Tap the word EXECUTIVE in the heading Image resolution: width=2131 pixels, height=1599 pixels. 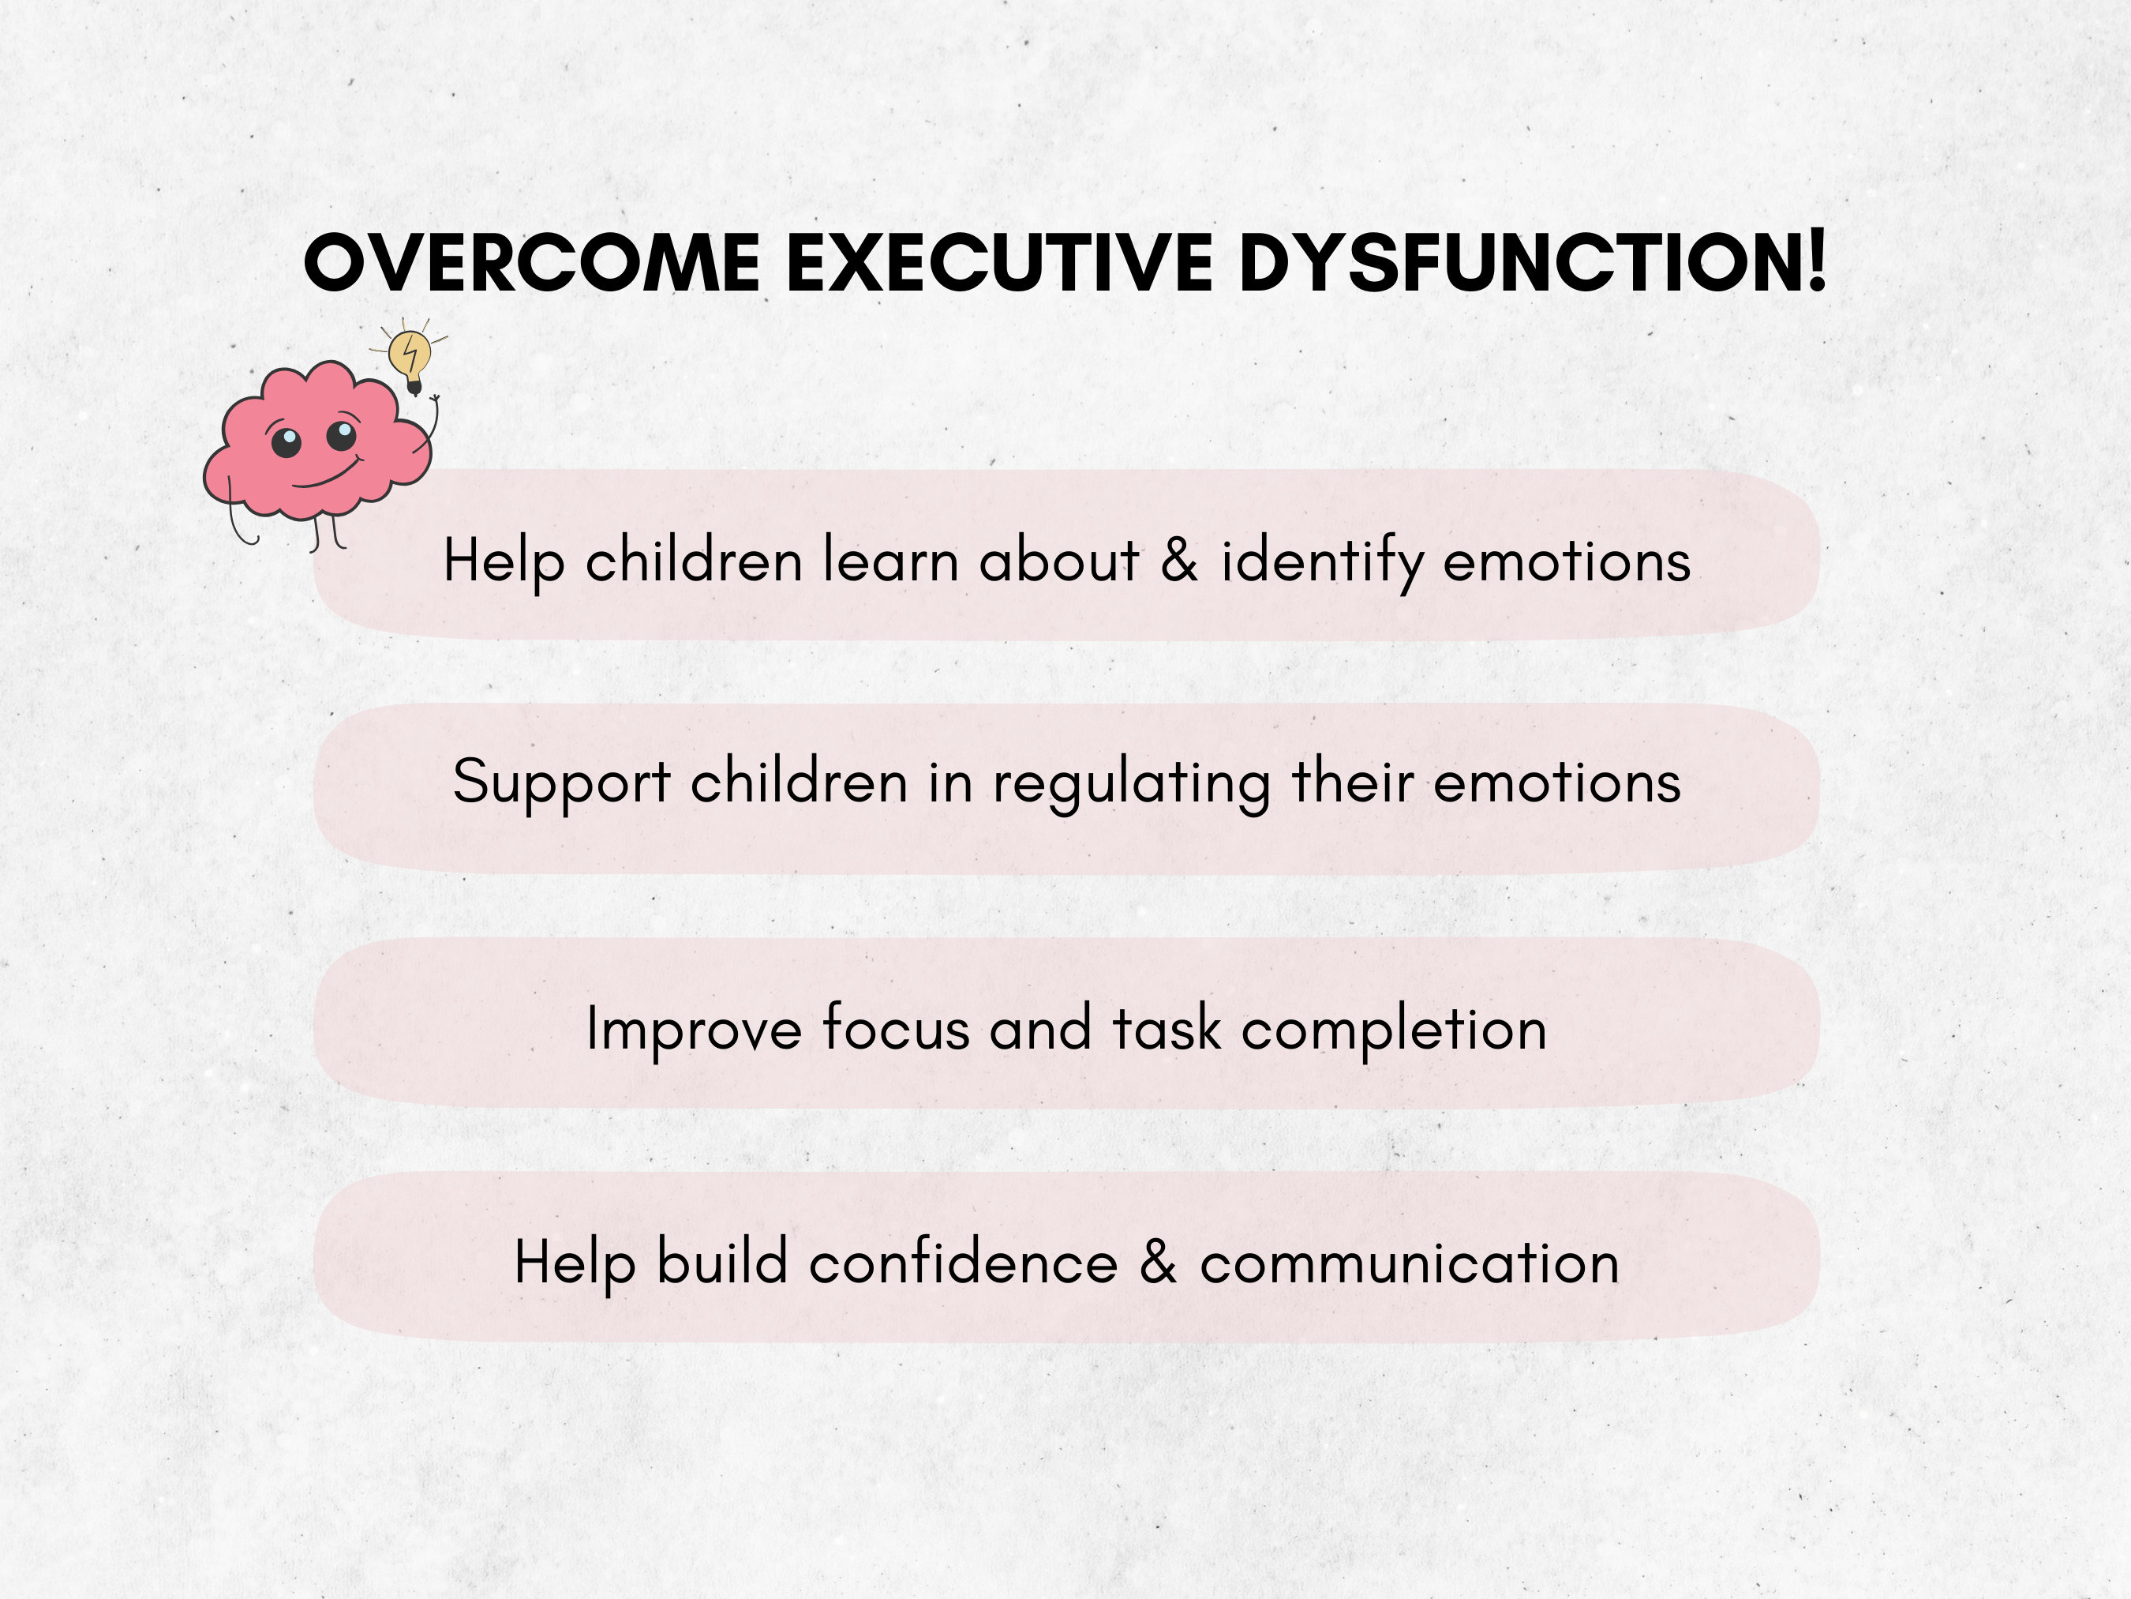tap(999, 262)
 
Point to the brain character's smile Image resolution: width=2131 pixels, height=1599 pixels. tap(326, 475)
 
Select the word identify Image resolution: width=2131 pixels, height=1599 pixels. tap(1322, 562)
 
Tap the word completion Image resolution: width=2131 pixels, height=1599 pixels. tap(1394, 1030)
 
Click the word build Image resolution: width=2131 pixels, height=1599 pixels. tap(721, 1262)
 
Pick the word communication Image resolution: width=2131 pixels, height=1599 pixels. tap(1410, 1263)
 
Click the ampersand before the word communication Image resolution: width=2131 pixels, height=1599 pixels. tap(1158, 1262)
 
